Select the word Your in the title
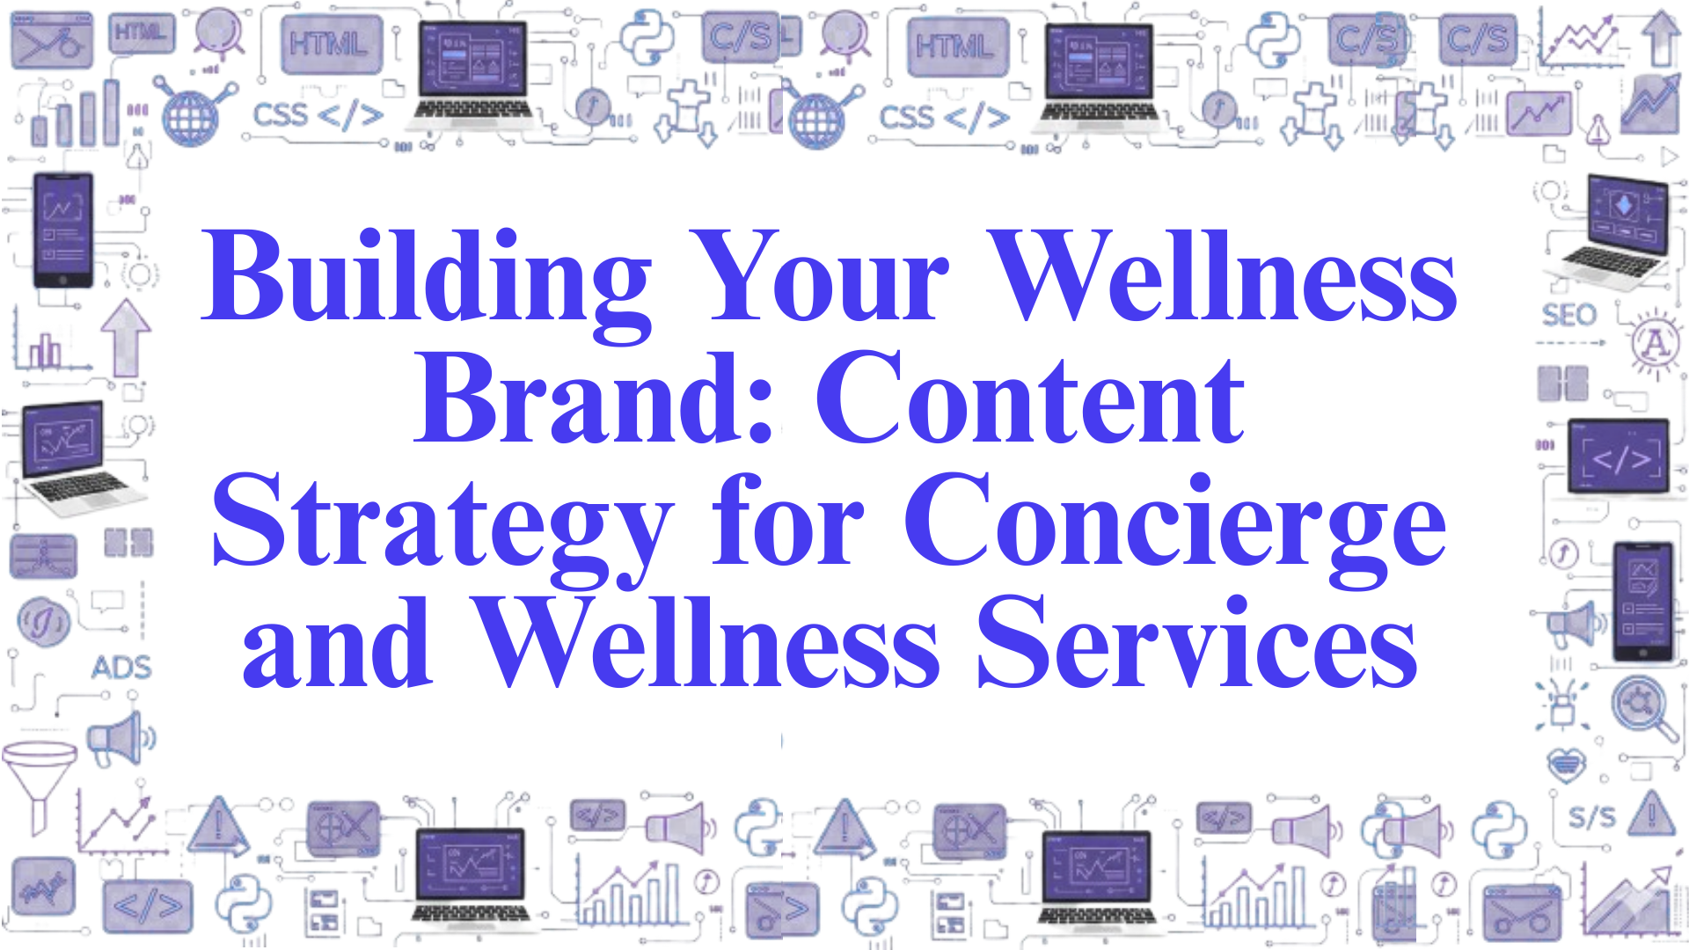tap(819, 276)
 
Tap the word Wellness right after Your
tap(1222, 275)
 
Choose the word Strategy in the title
tap(442, 529)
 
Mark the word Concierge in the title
tap(1175, 529)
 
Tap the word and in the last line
tap(337, 641)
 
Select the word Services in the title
tap(1197, 641)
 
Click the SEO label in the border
tap(1568, 314)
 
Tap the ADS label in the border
tap(121, 668)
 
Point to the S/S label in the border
tap(1592, 817)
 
